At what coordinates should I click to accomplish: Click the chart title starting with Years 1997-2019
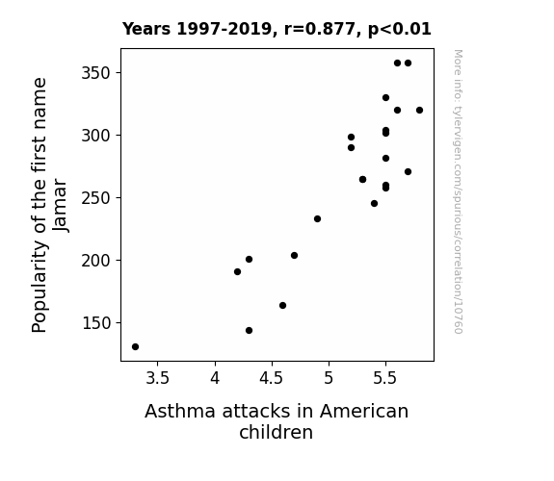pyautogui.click(x=277, y=29)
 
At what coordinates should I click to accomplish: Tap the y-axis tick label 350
pyautogui.click(x=96, y=73)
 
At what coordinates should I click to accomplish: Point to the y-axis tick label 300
pyautogui.click(x=96, y=136)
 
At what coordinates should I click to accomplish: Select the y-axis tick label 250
pyautogui.click(x=96, y=198)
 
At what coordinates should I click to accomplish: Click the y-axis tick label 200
pyautogui.click(x=96, y=261)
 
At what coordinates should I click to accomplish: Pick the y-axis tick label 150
pyautogui.click(x=96, y=323)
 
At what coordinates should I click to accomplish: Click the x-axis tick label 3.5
pyautogui.click(x=158, y=378)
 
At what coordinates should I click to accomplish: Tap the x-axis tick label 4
pyautogui.click(x=215, y=378)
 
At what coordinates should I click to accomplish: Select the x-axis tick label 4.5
pyautogui.click(x=272, y=378)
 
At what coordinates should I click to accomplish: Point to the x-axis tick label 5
pyautogui.click(x=329, y=378)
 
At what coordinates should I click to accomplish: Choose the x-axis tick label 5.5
pyautogui.click(x=385, y=378)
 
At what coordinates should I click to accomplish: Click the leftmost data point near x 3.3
pyautogui.click(x=135, y=347)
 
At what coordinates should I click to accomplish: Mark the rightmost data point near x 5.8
pyautogui.click(x=419, y=110)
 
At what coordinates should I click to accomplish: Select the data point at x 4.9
pyautogui.click(x=317, y=218)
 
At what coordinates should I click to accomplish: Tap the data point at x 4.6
pyautogui.click(x=282, y=305)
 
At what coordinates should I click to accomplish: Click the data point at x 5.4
pyautogui.click(x=374, y=203)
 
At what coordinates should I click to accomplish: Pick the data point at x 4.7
pyautogui.click(x=294, y=255)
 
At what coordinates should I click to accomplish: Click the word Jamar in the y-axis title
pyautogui.click(x=60, y=205)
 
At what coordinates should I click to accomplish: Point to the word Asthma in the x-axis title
pyautogui.click(x=180, y=412)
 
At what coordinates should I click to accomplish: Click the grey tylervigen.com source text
pyautogui.click(x=458, y=191)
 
